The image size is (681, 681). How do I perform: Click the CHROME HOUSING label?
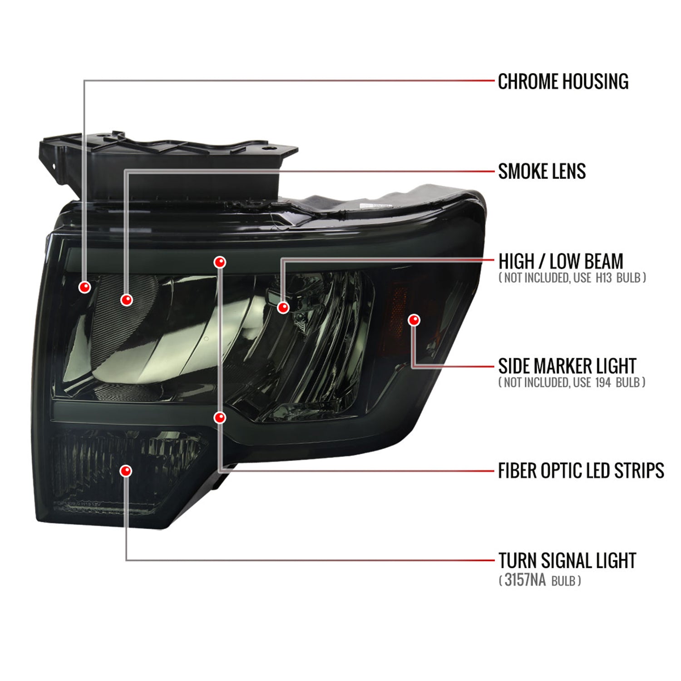pyautogui.click(x=563, y=82)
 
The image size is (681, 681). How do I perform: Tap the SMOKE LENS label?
pyautogui.click(x=542, y=171)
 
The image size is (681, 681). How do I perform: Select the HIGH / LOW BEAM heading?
pyautogui.click(x=561, y=262)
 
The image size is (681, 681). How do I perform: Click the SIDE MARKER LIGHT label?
pyautogui.click(x=567, y=366)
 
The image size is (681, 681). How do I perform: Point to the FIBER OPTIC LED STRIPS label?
pyautogui.click(x=581, y=470)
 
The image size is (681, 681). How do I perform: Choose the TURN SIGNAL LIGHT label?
pyautogui.click(x=567, y=561)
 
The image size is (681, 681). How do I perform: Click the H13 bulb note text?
pyautogui.click(x=572, y=277)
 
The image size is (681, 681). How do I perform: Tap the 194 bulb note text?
pyautogui.click(x=572, y=382)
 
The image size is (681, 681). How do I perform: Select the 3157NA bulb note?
pyautogui.click(x=540, y=580)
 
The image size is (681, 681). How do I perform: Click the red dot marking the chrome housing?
pyautogui.click(x=85, y=287)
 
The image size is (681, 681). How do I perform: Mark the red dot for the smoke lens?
pyautogui.click(x=127, y=300)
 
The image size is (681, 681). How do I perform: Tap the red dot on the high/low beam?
pyautogui.click(x=283, y=307)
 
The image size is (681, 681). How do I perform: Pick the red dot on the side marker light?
pyautogui.click(x=414, y=320)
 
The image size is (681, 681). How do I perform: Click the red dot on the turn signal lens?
pyautogui.click(x=126, y=470)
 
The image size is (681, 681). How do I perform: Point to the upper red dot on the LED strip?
pyautogui.click(x=220, y=262)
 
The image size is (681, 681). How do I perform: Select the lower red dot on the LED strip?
pyautogui.click(x=220, y=417)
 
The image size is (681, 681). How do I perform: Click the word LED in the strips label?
pyautogui.click(x=589, y=470)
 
